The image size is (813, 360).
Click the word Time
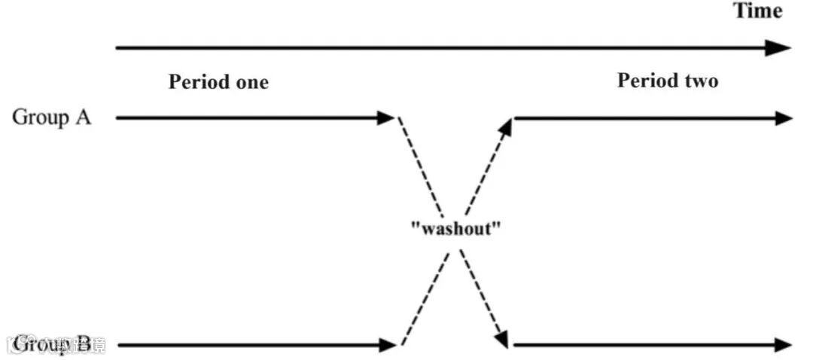758,11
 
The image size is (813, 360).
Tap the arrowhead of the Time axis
781,48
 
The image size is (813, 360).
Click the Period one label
218,82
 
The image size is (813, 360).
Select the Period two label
668,81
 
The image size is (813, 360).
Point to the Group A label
52,117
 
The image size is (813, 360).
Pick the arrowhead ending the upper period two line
784,118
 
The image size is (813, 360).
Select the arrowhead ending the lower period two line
784,346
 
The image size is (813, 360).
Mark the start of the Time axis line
117,48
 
